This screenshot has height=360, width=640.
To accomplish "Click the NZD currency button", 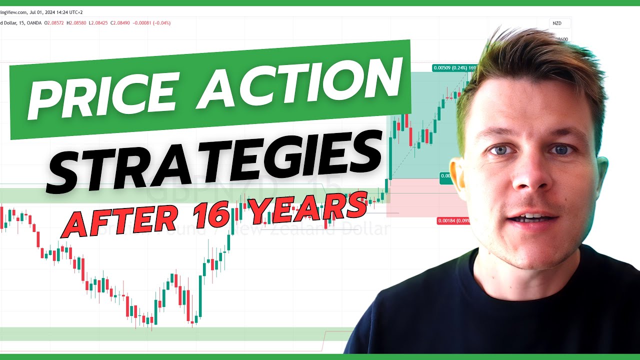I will pyautogui.click(x=556, y=23).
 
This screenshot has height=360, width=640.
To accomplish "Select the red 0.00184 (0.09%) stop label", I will pyautogui.click(x=452, y=220).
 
